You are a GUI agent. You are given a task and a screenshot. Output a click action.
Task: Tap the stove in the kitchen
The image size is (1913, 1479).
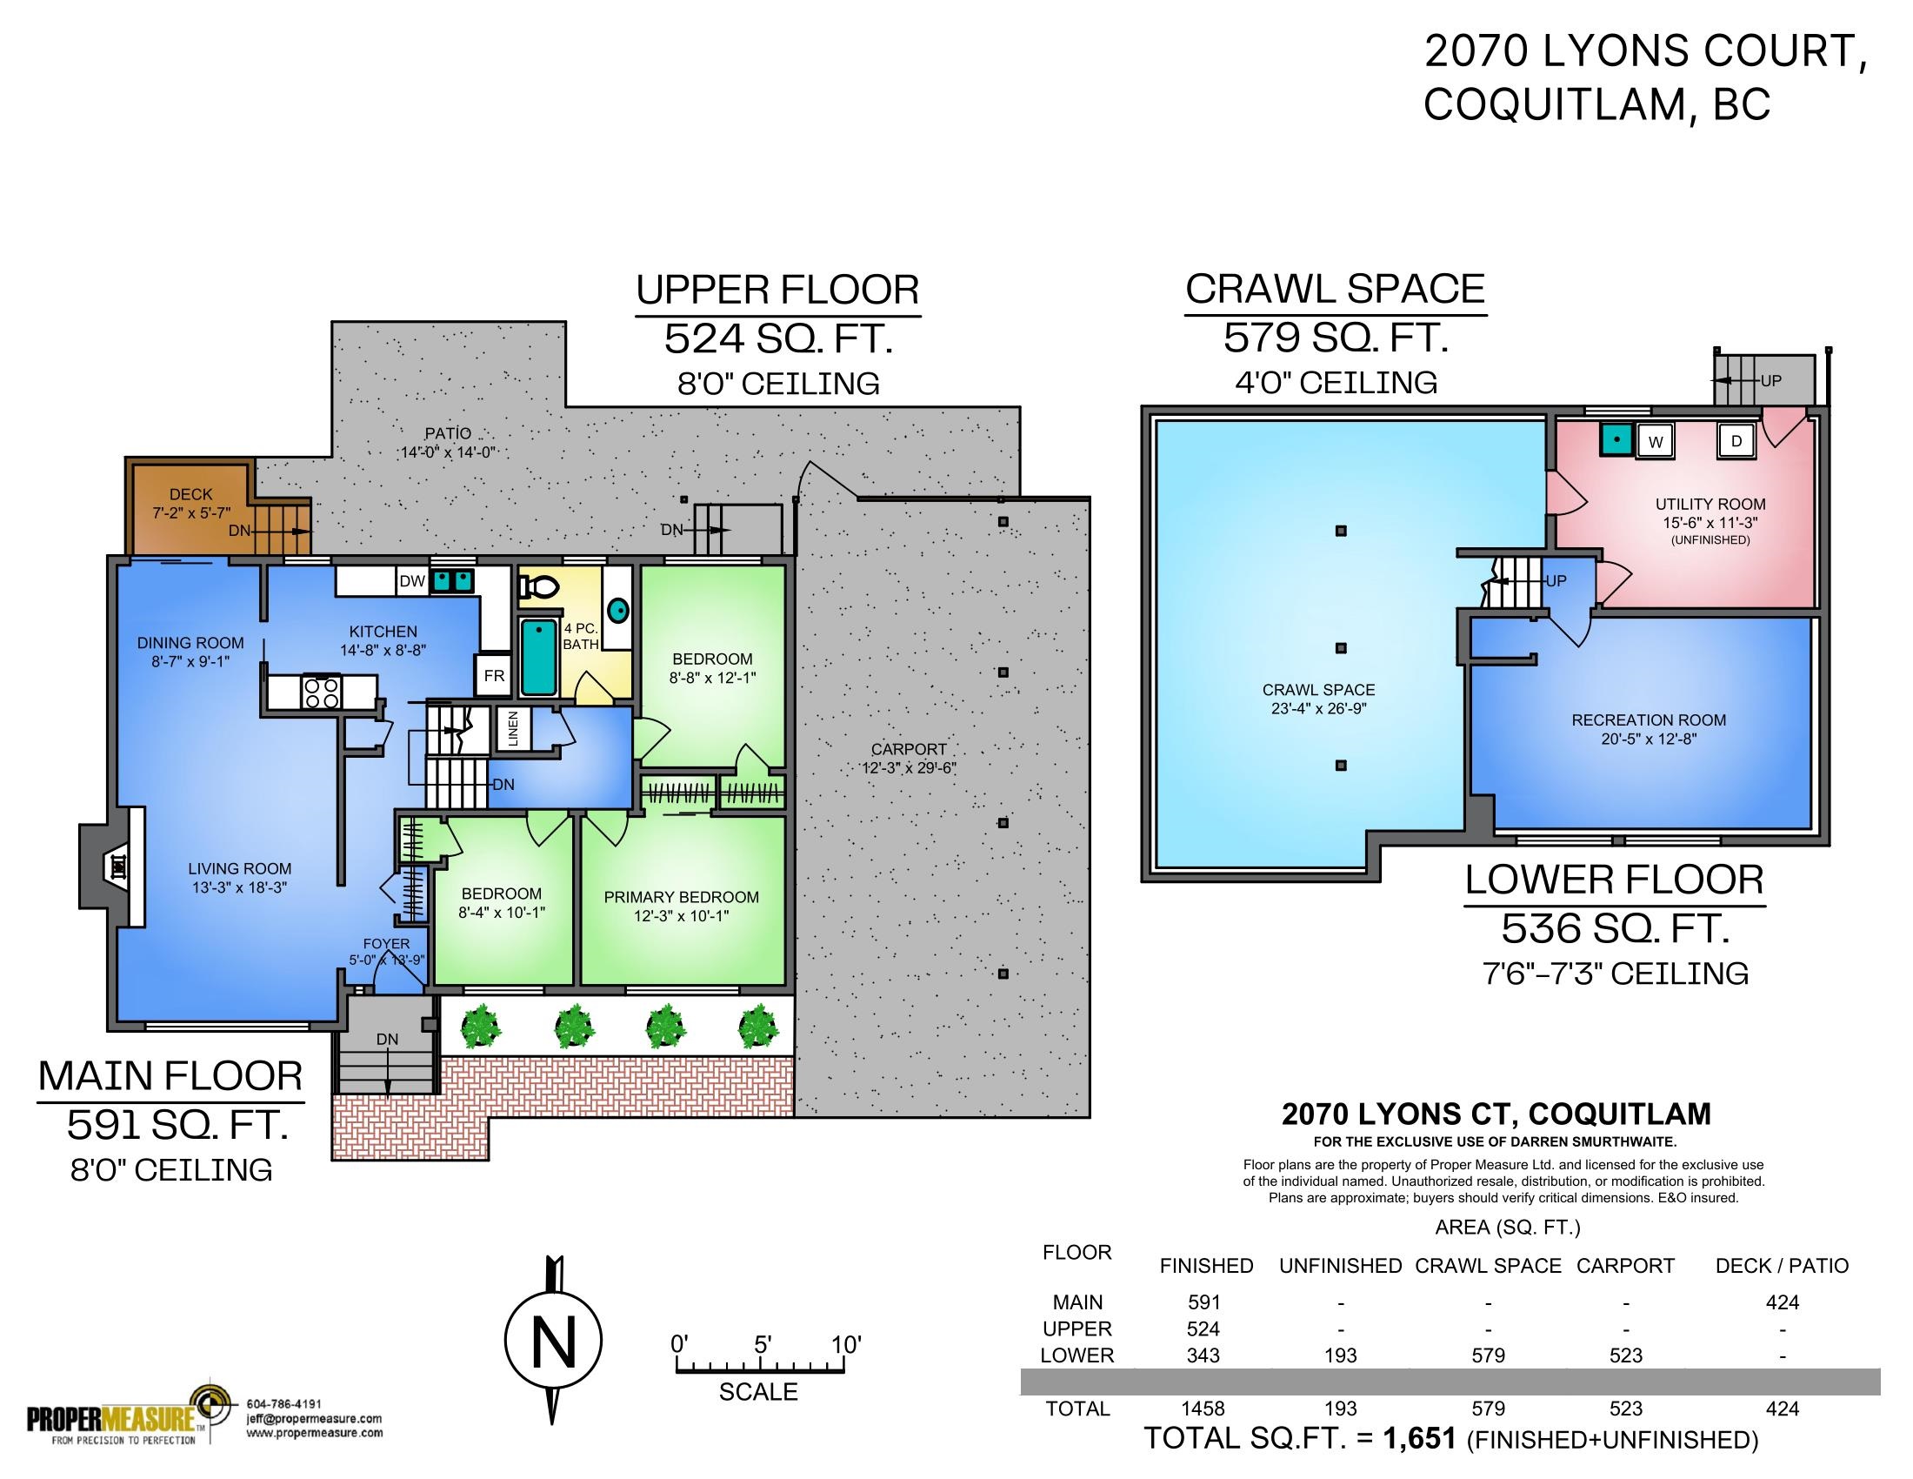[x=321, y=693]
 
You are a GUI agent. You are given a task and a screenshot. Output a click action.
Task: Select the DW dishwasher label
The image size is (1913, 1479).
[x=411, y=581]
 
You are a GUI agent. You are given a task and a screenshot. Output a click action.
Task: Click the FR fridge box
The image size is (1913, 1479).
[x=494, y=676]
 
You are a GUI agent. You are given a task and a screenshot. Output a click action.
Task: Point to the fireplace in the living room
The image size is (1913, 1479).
[x=112, y=867]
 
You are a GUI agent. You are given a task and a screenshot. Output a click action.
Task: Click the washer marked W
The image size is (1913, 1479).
[x=1655, y=442]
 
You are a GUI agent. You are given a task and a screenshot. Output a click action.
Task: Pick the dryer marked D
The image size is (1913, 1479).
[x=1736, y=442]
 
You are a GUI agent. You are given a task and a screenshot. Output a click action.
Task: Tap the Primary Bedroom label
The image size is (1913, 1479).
[x=681, y=897]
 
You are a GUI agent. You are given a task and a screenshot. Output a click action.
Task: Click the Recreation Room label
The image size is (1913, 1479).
[x=1649, y=720]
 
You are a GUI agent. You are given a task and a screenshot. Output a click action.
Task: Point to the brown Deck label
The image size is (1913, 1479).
[x=191, y=495]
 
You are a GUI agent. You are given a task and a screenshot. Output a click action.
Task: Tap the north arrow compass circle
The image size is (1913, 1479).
[x=554, y=1340]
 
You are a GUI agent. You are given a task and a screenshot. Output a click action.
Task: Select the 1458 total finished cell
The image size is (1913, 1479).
[x=1203, y=1409]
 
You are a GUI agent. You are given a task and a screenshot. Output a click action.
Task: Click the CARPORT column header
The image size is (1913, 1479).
[x=1625, y=1266]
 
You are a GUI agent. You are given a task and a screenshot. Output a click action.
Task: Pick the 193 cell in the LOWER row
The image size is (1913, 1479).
[x=1340, y=1355]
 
